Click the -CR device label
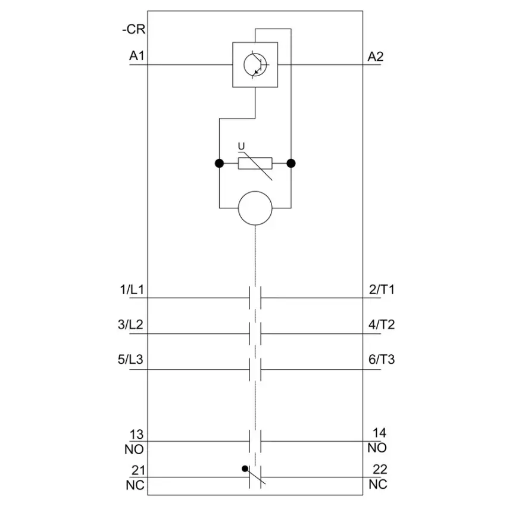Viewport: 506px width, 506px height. click(133, 29)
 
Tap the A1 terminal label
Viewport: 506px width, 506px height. click(137, 56)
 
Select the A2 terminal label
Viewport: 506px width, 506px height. click(376, 57)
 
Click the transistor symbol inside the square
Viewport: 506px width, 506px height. click(255, 64)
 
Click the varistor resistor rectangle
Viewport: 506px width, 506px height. click(255, 163)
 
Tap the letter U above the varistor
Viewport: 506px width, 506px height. click(241, 146)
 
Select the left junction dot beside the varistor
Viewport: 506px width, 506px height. click(219, 163)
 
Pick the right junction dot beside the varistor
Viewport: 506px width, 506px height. click(291, 163)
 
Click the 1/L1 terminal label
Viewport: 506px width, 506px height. click(132, 289)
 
